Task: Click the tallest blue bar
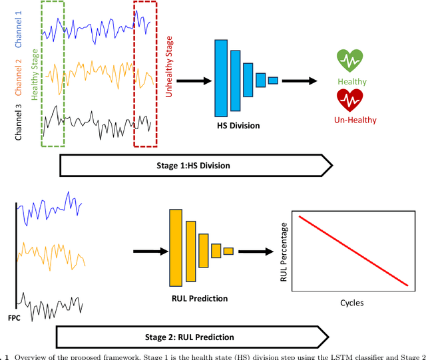[221, 78]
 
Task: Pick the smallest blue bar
[273, 81]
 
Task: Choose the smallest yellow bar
[228, 251]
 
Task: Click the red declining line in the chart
[353, 251]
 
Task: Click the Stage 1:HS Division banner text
[193, 165]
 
